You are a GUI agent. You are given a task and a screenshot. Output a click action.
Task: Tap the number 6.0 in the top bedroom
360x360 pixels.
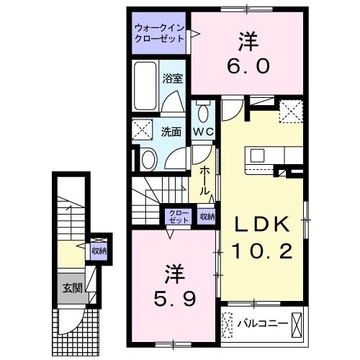point(249,66)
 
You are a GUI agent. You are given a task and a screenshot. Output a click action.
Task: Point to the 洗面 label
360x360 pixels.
point(170,132)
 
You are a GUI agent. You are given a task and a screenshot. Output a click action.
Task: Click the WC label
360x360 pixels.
point(202,132)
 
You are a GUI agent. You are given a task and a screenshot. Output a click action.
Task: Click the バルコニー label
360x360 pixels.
point(263,324)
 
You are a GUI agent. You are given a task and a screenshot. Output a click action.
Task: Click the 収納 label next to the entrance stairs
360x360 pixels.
point(99,251)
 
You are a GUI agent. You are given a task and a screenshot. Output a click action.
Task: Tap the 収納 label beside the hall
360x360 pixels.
point(207,217)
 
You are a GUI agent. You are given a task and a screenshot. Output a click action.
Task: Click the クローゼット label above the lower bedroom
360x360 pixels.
point(179,217)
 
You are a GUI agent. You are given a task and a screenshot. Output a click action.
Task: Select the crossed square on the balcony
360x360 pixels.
point(230,324)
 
